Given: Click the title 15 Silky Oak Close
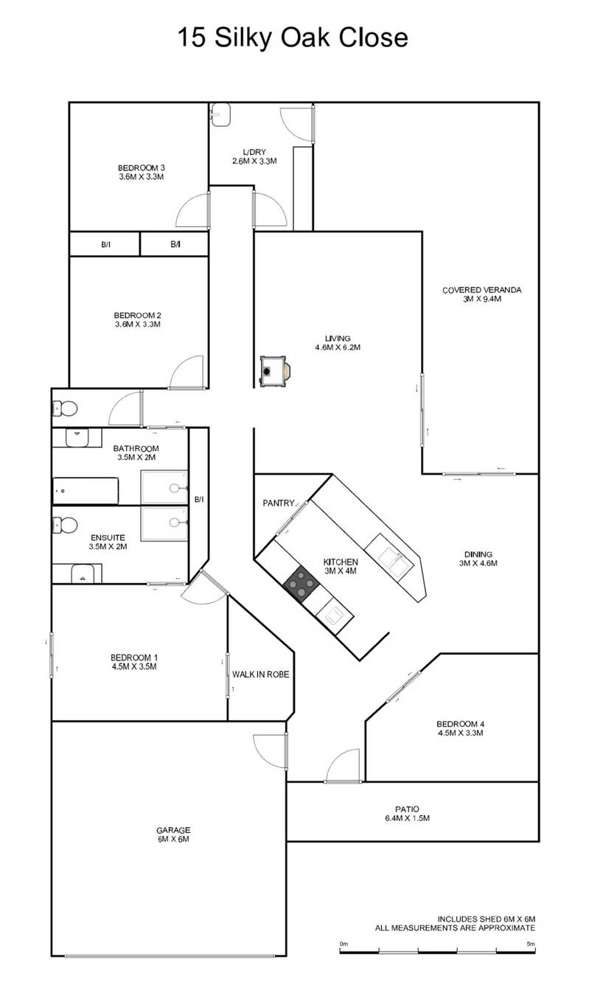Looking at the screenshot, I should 293,37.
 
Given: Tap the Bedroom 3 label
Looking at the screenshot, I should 141,172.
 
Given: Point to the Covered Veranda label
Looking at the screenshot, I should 481,294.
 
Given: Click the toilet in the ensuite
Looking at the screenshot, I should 64,525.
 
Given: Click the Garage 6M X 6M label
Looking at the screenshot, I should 170,834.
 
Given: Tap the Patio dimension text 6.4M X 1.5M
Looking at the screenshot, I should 407,818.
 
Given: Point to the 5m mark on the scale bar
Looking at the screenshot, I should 531,944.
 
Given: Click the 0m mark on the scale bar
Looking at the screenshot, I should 344,944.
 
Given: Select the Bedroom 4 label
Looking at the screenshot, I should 460,728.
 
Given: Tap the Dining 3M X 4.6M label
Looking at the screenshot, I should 478,559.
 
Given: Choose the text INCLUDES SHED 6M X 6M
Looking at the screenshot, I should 486,918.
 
